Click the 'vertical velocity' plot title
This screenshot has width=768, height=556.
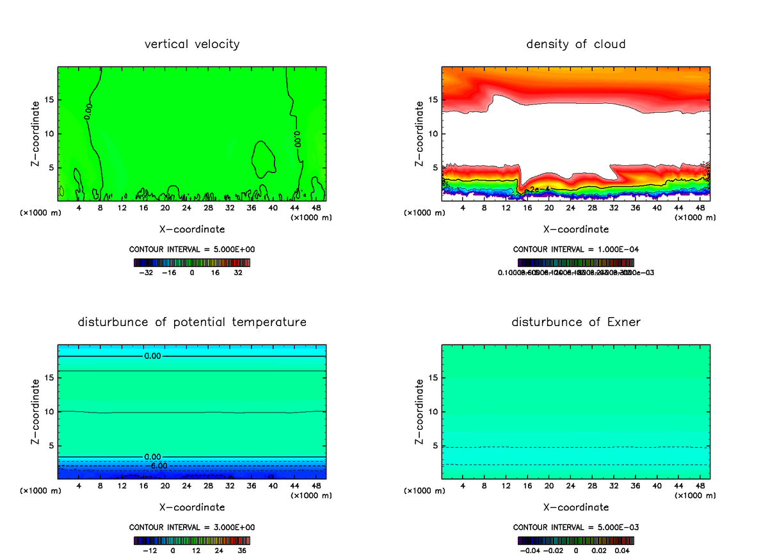click(192, 44)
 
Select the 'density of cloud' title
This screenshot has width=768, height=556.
click(575, 44)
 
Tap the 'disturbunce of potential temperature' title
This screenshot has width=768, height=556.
click(192, 322)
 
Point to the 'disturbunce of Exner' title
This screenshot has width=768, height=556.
click(575, 322)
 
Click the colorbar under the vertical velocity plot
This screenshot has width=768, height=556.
click(192, 262)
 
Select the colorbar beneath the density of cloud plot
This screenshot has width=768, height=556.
click(575, 262)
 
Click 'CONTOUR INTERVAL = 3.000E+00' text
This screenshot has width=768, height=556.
click(192, 527)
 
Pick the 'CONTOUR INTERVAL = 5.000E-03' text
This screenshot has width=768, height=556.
click(575, 527)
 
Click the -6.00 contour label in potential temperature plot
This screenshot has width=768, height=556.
click(158, 466)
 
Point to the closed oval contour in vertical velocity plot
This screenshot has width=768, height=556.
click(263, 159)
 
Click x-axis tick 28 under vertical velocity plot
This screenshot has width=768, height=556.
click(208, 208)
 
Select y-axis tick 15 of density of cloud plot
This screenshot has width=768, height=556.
click(433, 100)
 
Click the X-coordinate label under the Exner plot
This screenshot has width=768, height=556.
click(575, 507)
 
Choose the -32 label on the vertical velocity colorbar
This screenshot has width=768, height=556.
click(147, 272)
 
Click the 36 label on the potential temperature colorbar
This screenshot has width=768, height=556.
click(242, 550)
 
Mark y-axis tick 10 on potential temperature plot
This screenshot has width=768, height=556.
click(49, 412)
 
